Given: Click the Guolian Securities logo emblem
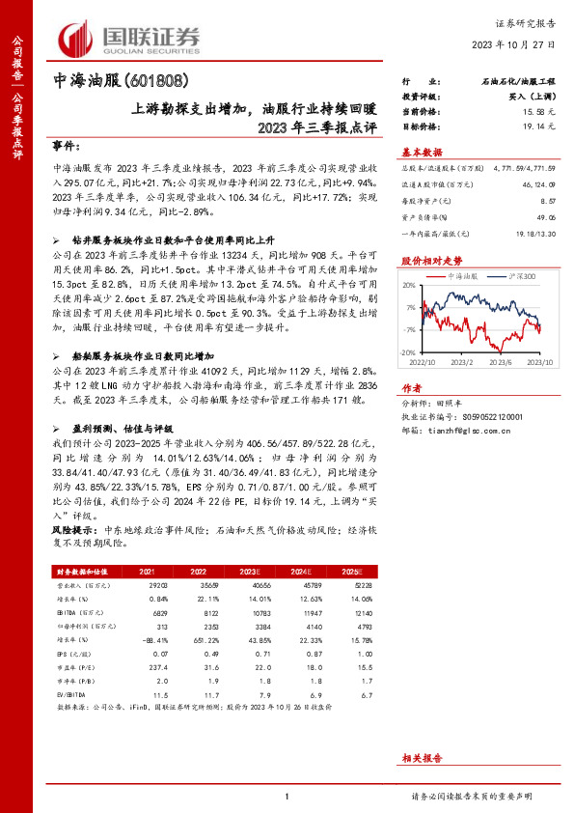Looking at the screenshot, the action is (x=78, y=40).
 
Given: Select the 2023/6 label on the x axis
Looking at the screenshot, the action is (x=498, y=361).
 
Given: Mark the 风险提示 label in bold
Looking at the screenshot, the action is (x=72, y=530).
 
